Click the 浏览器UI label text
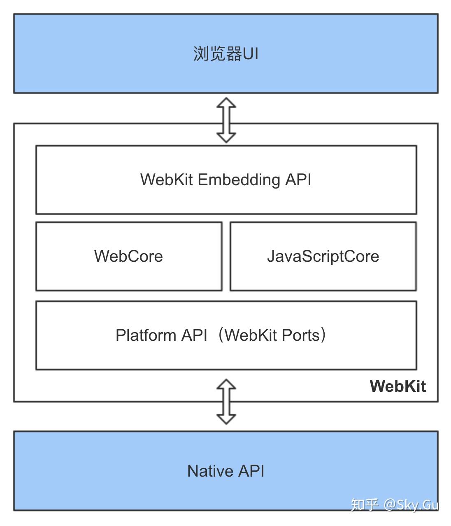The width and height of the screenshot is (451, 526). pyautogui.click(x=225, y=54)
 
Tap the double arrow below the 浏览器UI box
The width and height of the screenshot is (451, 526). pyautogui.click(x=226, y=120)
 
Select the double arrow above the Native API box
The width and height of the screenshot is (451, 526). pyautogui.click(x=226, y=402)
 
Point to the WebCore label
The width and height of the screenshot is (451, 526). pyautogui.click(x=128, y=256)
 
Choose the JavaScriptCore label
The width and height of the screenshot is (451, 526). pyautogui.click(x=323, y=256)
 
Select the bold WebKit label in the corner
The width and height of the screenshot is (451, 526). pyautogui.click(x=398, y=386)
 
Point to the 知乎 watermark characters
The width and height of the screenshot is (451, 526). pyautogui.click(x=364, y=504)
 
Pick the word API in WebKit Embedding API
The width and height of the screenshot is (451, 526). pyautogui.click(x=298, y=180)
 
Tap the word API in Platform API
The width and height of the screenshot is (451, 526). pyautogui.click(x=194, y=335)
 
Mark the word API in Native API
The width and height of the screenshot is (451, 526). pyautogui.click(x=251, y=471)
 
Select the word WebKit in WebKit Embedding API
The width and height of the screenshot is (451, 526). pyautogui.click(x=166, y=180)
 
